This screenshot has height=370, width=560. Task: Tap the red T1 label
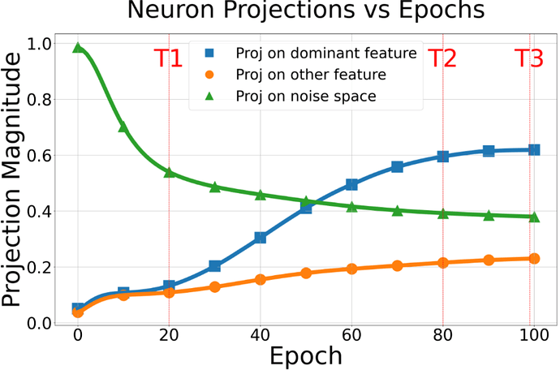168,58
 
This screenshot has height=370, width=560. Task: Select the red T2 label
442,58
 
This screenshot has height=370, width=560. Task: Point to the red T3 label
531,58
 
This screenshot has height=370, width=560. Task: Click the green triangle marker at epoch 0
78,48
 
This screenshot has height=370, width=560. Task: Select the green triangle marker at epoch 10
123,127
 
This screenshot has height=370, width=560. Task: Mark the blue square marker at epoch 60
351,185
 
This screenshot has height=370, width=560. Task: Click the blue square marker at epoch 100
534,150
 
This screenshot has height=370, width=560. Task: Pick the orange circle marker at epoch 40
261,279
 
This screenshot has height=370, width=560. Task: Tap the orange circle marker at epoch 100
534,259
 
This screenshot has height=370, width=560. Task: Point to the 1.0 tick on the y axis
38,44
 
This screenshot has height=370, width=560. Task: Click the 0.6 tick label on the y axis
38,156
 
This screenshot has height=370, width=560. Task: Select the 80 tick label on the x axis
442,335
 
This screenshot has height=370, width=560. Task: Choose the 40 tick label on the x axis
261,335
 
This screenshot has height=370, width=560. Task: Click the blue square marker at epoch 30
215,266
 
